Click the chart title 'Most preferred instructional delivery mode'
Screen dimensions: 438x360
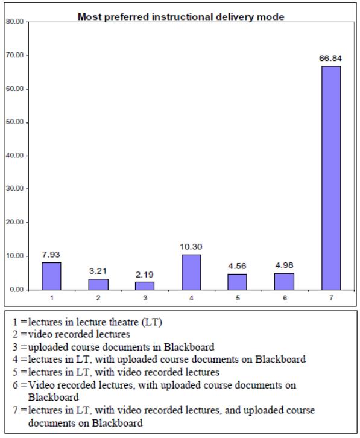[182, 17]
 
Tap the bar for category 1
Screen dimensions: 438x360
[51, 276]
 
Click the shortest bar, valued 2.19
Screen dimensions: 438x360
[144, 285]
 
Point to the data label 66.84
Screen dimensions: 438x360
[331, 59]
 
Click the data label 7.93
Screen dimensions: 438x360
[51, 255]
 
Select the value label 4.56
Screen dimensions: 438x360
[238, 266]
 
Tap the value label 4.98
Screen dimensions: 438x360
[284, 265]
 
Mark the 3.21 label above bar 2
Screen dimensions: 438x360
[98, 271]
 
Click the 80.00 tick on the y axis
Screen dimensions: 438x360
[13, 22]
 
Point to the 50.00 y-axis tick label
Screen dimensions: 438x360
[13, 122]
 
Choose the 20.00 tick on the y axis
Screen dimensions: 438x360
[13, 223]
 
